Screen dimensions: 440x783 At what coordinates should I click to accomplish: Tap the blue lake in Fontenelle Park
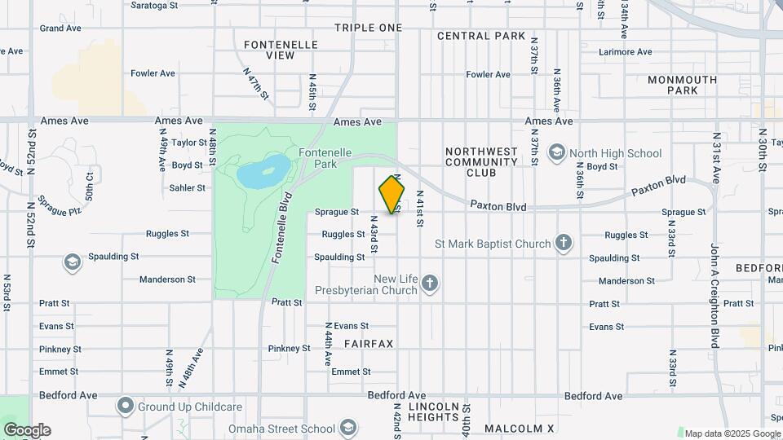coord(263,171)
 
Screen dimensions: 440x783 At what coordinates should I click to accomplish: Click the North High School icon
coord(556,152)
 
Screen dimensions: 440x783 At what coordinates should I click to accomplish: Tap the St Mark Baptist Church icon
coord(563,243)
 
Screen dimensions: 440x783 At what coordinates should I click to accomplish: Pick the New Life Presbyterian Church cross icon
coord(430,284)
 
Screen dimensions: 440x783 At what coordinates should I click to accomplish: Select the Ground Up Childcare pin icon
coord(125,406)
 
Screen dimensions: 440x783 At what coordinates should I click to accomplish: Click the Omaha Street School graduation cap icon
coord(348,428)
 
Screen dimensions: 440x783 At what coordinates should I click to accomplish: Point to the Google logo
coord(26,430)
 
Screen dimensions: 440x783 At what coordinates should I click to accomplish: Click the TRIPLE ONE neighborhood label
coord(368,28)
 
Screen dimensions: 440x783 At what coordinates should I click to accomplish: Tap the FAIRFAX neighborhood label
coord(368,344)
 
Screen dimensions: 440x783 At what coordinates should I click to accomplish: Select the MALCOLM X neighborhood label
coord(519,428)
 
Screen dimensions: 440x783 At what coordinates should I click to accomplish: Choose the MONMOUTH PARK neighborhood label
coord(682,85)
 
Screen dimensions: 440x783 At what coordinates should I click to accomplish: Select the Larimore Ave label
coord(625,52)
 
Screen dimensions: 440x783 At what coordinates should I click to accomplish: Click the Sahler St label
coord(187,187)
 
